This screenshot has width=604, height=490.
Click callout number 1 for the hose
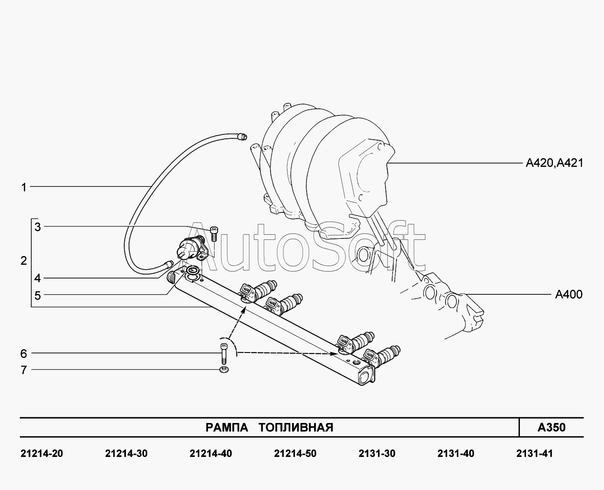[x=24, y=187]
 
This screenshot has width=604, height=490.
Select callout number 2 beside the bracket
[x=24, y=260]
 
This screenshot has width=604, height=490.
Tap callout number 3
[x=38, y=227]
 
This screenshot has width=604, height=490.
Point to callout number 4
[x=38, y=278]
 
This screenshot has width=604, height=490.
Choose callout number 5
[x=38, y=296]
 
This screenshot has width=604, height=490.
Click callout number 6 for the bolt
[x=24, y=353]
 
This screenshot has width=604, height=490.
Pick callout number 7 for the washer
[x=24, y=370]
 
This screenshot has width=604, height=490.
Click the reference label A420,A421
[x=555, y=163]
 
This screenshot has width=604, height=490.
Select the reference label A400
[x=569, y=294]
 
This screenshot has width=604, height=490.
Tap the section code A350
[x=552, y=427]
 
